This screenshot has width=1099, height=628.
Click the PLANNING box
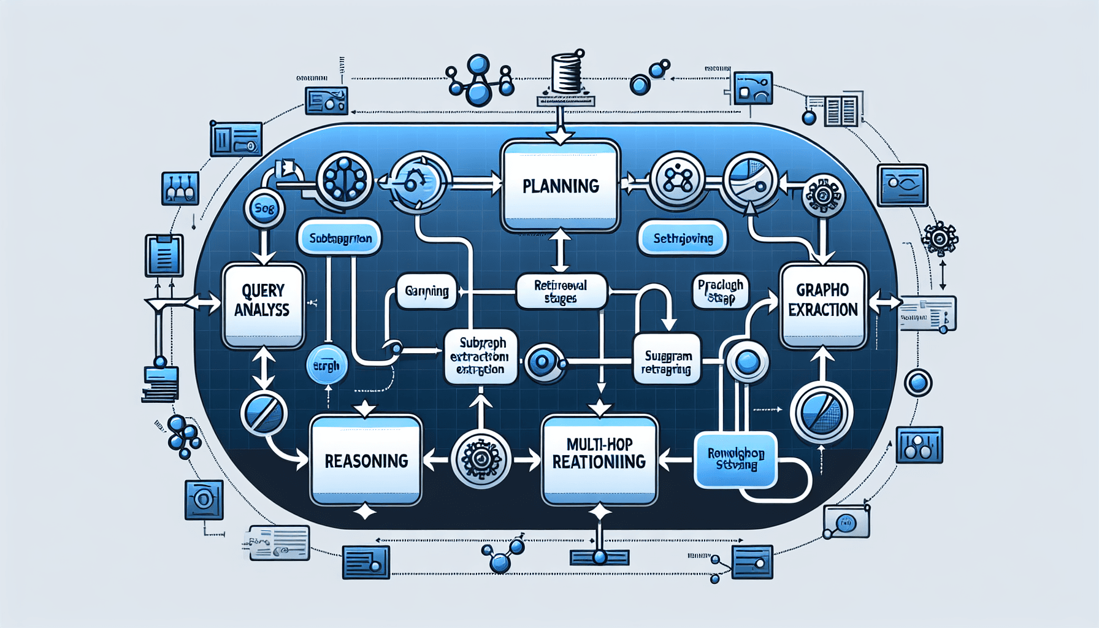[560, 186]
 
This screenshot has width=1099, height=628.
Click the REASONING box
[366, 460]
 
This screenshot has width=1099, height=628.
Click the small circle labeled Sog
[264, 209]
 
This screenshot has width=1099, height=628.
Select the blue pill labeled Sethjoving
[683, 239]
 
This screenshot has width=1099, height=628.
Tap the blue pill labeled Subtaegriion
[340, 238]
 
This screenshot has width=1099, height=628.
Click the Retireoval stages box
[561, 291]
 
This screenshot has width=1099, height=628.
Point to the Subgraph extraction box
[480, 356]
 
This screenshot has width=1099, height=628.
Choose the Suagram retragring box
[667, 362]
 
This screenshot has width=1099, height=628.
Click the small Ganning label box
[427, 291]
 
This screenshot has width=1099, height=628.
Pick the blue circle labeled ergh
[327, 366]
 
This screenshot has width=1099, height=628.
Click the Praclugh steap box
[721, 291]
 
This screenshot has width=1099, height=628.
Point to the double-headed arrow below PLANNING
[561, 250]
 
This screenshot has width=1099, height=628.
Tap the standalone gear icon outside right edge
[940, 239]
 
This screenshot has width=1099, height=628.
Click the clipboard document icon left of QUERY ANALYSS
[164, 255]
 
